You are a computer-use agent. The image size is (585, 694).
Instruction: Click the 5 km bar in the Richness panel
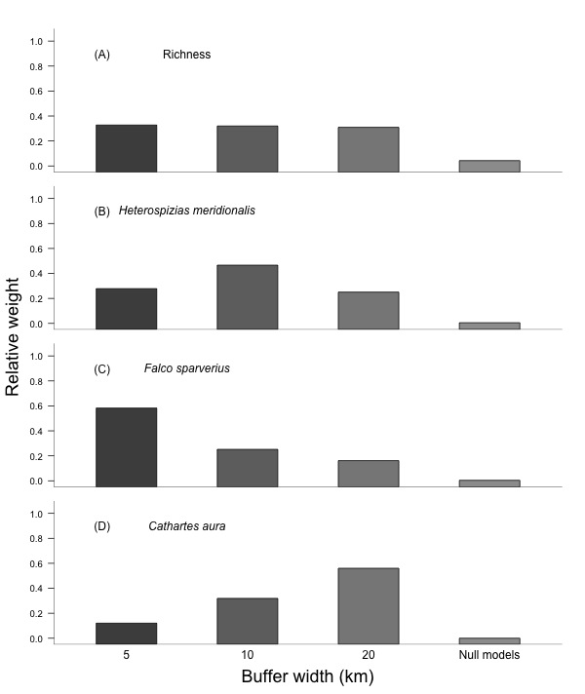126,148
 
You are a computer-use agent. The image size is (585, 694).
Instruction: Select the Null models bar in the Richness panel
488,166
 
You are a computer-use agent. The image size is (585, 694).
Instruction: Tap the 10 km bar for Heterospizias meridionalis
247,296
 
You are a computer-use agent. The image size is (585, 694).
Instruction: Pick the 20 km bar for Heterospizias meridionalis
368,310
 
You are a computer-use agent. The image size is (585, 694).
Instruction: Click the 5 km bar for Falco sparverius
126,446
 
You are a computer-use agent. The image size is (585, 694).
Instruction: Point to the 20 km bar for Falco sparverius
368,473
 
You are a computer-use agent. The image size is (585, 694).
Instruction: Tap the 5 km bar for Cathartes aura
126,633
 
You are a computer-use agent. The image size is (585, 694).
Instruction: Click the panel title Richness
186,55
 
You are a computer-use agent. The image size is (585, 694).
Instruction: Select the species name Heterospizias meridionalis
186,211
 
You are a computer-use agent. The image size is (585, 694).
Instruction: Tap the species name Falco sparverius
186,368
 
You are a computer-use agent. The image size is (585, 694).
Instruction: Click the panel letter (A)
101,55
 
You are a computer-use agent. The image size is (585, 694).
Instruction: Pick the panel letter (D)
101,526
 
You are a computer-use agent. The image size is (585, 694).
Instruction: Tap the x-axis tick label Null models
488,655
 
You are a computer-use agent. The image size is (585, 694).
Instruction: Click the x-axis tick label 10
247,655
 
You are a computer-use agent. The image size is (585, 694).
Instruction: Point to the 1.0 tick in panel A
36,41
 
